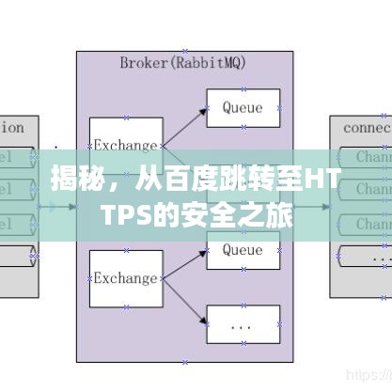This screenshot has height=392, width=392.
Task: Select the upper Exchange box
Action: click(125, 145)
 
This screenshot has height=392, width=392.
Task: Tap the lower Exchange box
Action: click(125, 278)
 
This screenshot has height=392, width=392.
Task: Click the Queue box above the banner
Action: click(242, 108)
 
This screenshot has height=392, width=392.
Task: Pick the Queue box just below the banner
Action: click(242, 251)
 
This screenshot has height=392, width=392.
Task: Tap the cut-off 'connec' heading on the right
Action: click(367, 127)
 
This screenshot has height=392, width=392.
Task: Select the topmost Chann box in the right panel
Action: click(373, 156)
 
